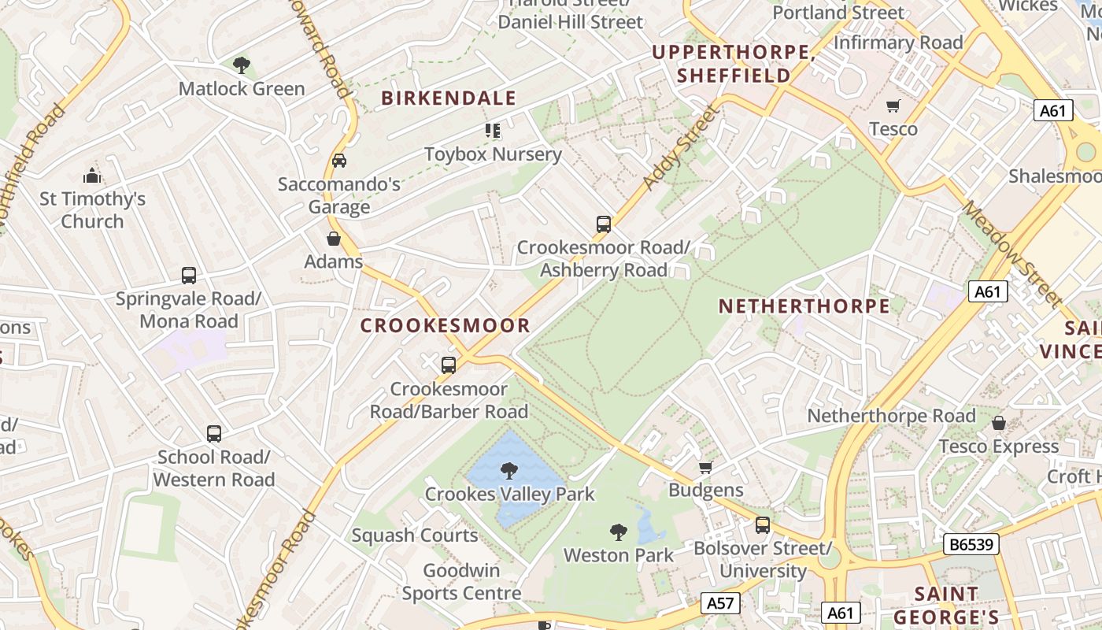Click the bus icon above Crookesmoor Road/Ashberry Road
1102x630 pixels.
coord(604,224)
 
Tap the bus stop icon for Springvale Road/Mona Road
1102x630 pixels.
coord(189,276)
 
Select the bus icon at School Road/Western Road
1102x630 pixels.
coord(214,434)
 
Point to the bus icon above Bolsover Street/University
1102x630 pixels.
coord(762,525)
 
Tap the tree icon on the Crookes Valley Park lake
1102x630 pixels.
coord(509,471)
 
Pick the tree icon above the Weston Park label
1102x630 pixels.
coord(619,532)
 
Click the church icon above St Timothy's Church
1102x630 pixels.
coord(92,176)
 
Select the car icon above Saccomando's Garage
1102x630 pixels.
coord(339,161)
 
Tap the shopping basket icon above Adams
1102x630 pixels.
coord(334,239)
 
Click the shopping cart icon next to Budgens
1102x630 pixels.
coord(706,467)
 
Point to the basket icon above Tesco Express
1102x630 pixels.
coord(999,424)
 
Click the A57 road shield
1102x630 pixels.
coord(720,603)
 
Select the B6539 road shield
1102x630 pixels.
coord(971,544)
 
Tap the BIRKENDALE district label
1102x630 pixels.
coord(449,98)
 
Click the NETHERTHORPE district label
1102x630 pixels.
coord(804,306)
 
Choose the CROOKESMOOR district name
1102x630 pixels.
coord(446,325)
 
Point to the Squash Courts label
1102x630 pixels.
coord(415,535)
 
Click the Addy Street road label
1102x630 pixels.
coord(680,148)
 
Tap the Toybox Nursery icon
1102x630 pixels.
coord(493,131)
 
